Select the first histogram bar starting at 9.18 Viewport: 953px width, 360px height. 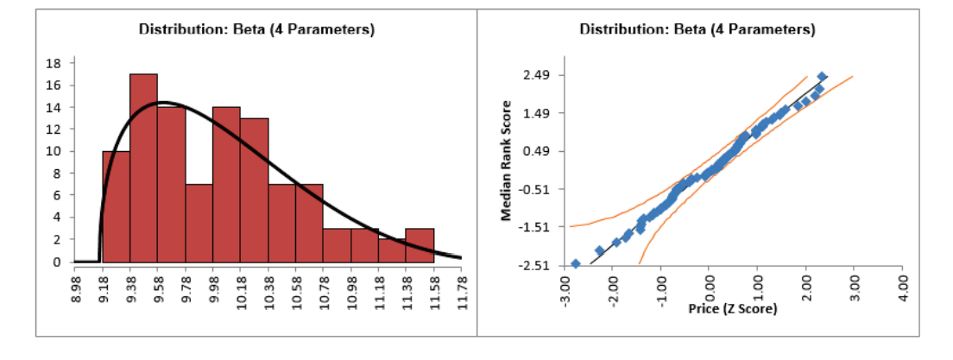coord(116,206)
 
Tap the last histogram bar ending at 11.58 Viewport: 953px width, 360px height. coord(420,245)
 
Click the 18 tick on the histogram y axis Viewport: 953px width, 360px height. coord(54,63)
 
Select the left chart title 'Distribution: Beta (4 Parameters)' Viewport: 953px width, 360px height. coord(256,29)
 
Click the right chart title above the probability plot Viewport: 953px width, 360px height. coord(697,29)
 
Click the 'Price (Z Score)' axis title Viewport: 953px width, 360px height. coord(733,308)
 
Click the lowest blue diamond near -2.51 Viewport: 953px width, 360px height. coord(576,263)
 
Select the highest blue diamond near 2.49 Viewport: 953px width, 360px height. coord(822,77)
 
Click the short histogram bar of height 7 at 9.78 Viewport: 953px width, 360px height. coord(199,223)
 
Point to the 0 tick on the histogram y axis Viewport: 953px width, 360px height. coord(57,262)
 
